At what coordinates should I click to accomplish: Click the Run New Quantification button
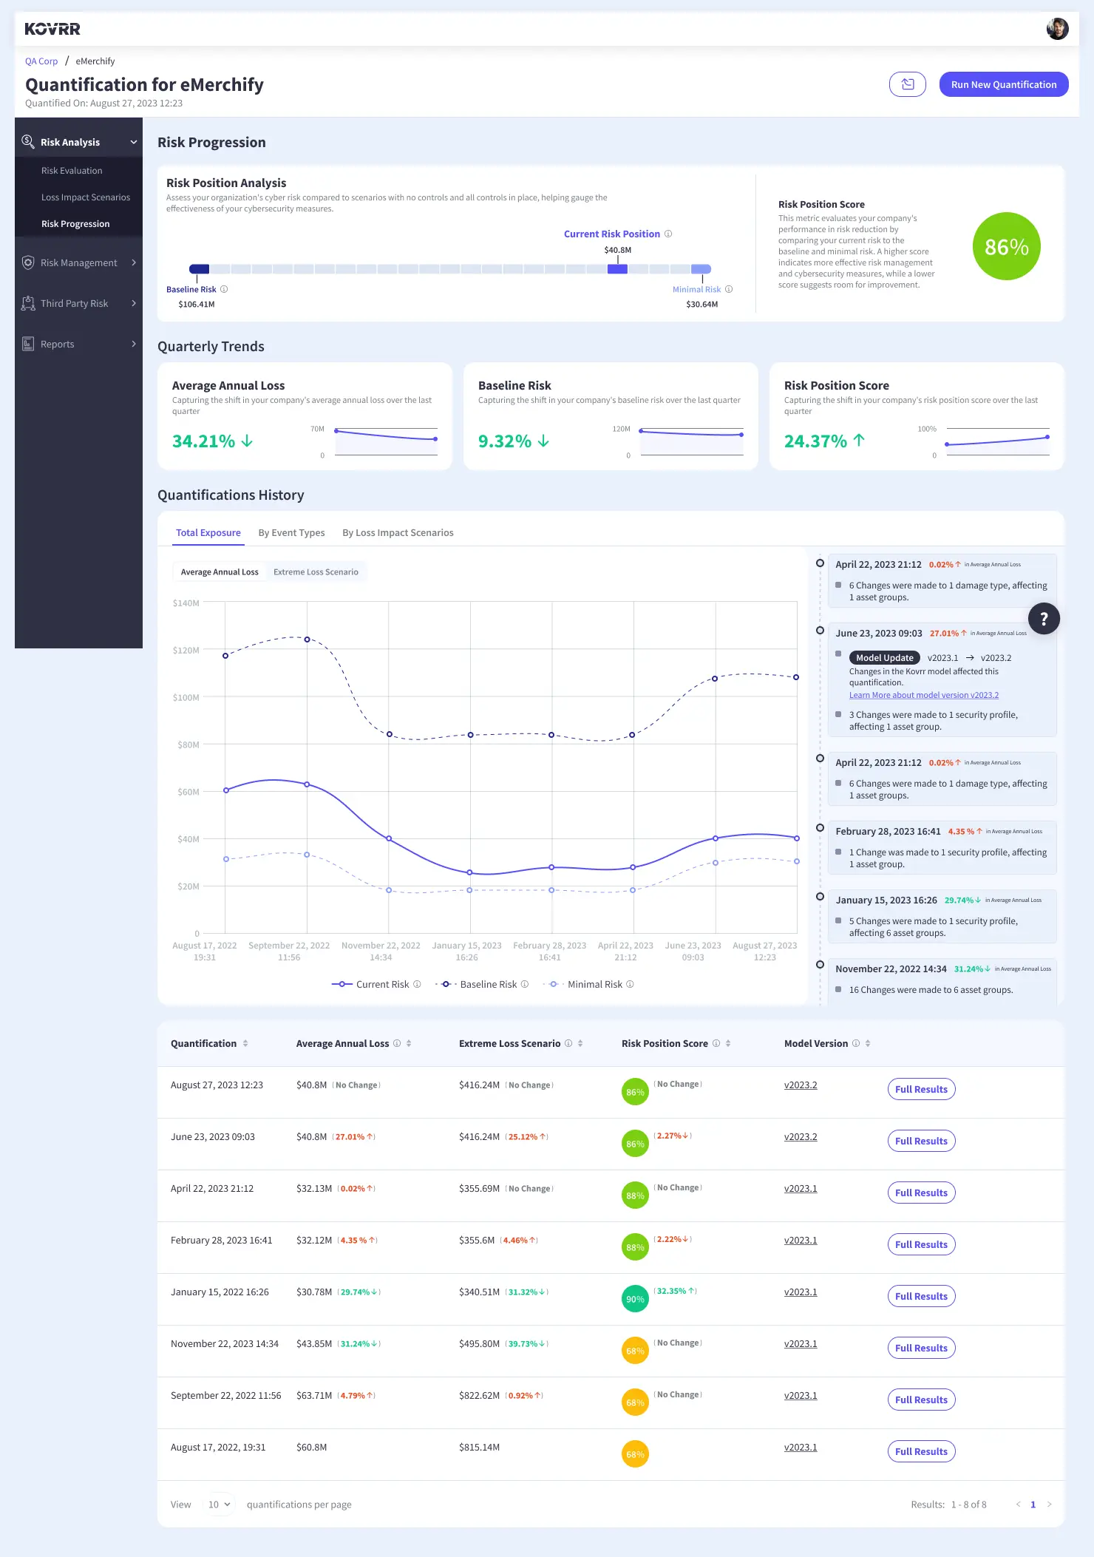1003,84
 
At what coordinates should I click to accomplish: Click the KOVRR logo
52,29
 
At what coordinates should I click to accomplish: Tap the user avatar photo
1057,29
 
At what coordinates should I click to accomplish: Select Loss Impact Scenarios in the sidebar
85,197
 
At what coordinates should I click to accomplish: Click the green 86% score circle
1006,246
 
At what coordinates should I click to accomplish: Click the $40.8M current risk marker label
617,250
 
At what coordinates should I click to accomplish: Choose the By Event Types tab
291,532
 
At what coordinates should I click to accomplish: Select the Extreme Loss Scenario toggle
316,572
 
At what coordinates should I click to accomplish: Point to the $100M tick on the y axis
186,697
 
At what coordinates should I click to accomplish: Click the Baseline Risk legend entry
483,984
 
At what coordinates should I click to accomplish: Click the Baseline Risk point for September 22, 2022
307,640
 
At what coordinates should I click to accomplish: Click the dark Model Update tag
884,658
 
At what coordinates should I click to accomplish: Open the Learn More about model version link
923,695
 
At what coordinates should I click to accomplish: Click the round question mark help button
1044,619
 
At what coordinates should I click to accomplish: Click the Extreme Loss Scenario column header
509,1043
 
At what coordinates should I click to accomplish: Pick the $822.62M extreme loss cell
479,1395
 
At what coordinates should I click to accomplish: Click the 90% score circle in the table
635,1299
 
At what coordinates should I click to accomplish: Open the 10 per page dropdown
219,1505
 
